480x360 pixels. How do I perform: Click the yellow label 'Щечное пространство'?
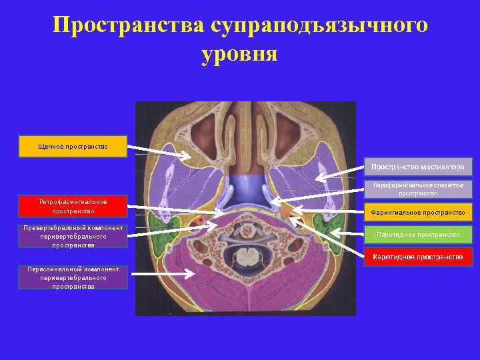click(x=73, y=146)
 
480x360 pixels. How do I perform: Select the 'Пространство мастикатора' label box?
click(x=418, y=165)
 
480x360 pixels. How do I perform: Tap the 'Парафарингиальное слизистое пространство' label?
click(x=418, y=189)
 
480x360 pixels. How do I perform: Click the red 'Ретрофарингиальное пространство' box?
click(x=73, y=206)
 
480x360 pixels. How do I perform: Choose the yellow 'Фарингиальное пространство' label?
click(x=418, y=212)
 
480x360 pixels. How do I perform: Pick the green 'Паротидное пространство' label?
click(x=418, y=235)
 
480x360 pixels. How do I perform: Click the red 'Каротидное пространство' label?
click(x=418, y=257)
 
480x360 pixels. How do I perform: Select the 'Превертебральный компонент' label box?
click(x=73, y=236)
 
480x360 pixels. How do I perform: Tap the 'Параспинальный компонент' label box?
click(x=73, y=277)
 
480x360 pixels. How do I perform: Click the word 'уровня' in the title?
click(x=239, y=53)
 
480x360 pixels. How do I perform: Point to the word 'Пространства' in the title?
click(x=129, y=25)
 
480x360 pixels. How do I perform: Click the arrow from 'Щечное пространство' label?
click(x=160, y=151)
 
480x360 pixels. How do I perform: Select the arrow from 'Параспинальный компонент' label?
click(x=160, y=273)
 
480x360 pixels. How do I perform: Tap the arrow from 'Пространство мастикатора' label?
click(x=340, y=172)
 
